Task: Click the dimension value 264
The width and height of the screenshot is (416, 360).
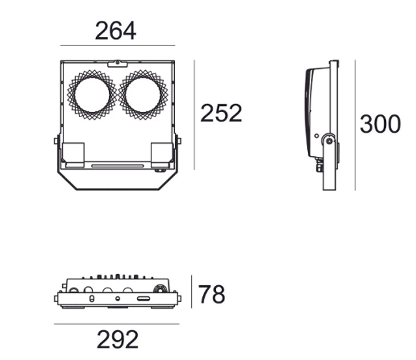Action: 115,31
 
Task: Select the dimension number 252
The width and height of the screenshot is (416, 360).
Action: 222,113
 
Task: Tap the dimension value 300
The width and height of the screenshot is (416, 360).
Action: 381,125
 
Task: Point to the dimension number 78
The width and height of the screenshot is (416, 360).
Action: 212,295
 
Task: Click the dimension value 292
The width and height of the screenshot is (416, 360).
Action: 118,340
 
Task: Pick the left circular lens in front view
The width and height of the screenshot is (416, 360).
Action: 92,95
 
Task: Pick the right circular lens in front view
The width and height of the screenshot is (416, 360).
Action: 144,95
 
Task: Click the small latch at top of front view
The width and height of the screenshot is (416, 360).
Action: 118,63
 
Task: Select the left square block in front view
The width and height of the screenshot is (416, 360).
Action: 73,154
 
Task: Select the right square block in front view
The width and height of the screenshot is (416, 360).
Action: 161,154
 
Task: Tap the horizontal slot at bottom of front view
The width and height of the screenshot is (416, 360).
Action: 118,166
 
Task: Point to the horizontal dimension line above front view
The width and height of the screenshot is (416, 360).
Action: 118,46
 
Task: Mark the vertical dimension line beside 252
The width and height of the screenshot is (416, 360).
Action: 194,114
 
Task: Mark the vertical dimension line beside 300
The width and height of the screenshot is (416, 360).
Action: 355,125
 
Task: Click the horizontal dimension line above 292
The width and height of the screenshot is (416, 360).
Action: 117,324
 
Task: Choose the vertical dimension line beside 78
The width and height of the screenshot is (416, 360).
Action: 192,292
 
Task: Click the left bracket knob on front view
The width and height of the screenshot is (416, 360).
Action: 56,140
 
